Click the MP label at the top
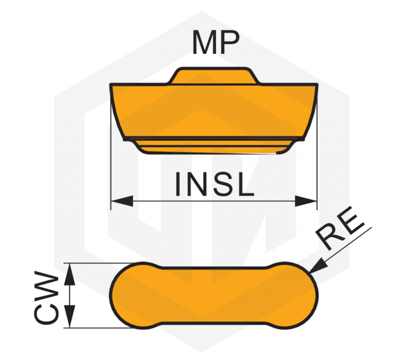(x=216, y=42)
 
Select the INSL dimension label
(x=215, y=184)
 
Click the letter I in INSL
(x=178, y=184)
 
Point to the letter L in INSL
(x=246, y=184)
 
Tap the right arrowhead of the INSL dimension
(x=306, y=201)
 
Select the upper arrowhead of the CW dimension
(x=69, y=274)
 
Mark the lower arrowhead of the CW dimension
(x=69, y=317)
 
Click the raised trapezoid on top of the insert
(x=214, y=76)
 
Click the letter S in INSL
(x=224, y=184)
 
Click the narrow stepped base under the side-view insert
(x=213, y=146)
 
